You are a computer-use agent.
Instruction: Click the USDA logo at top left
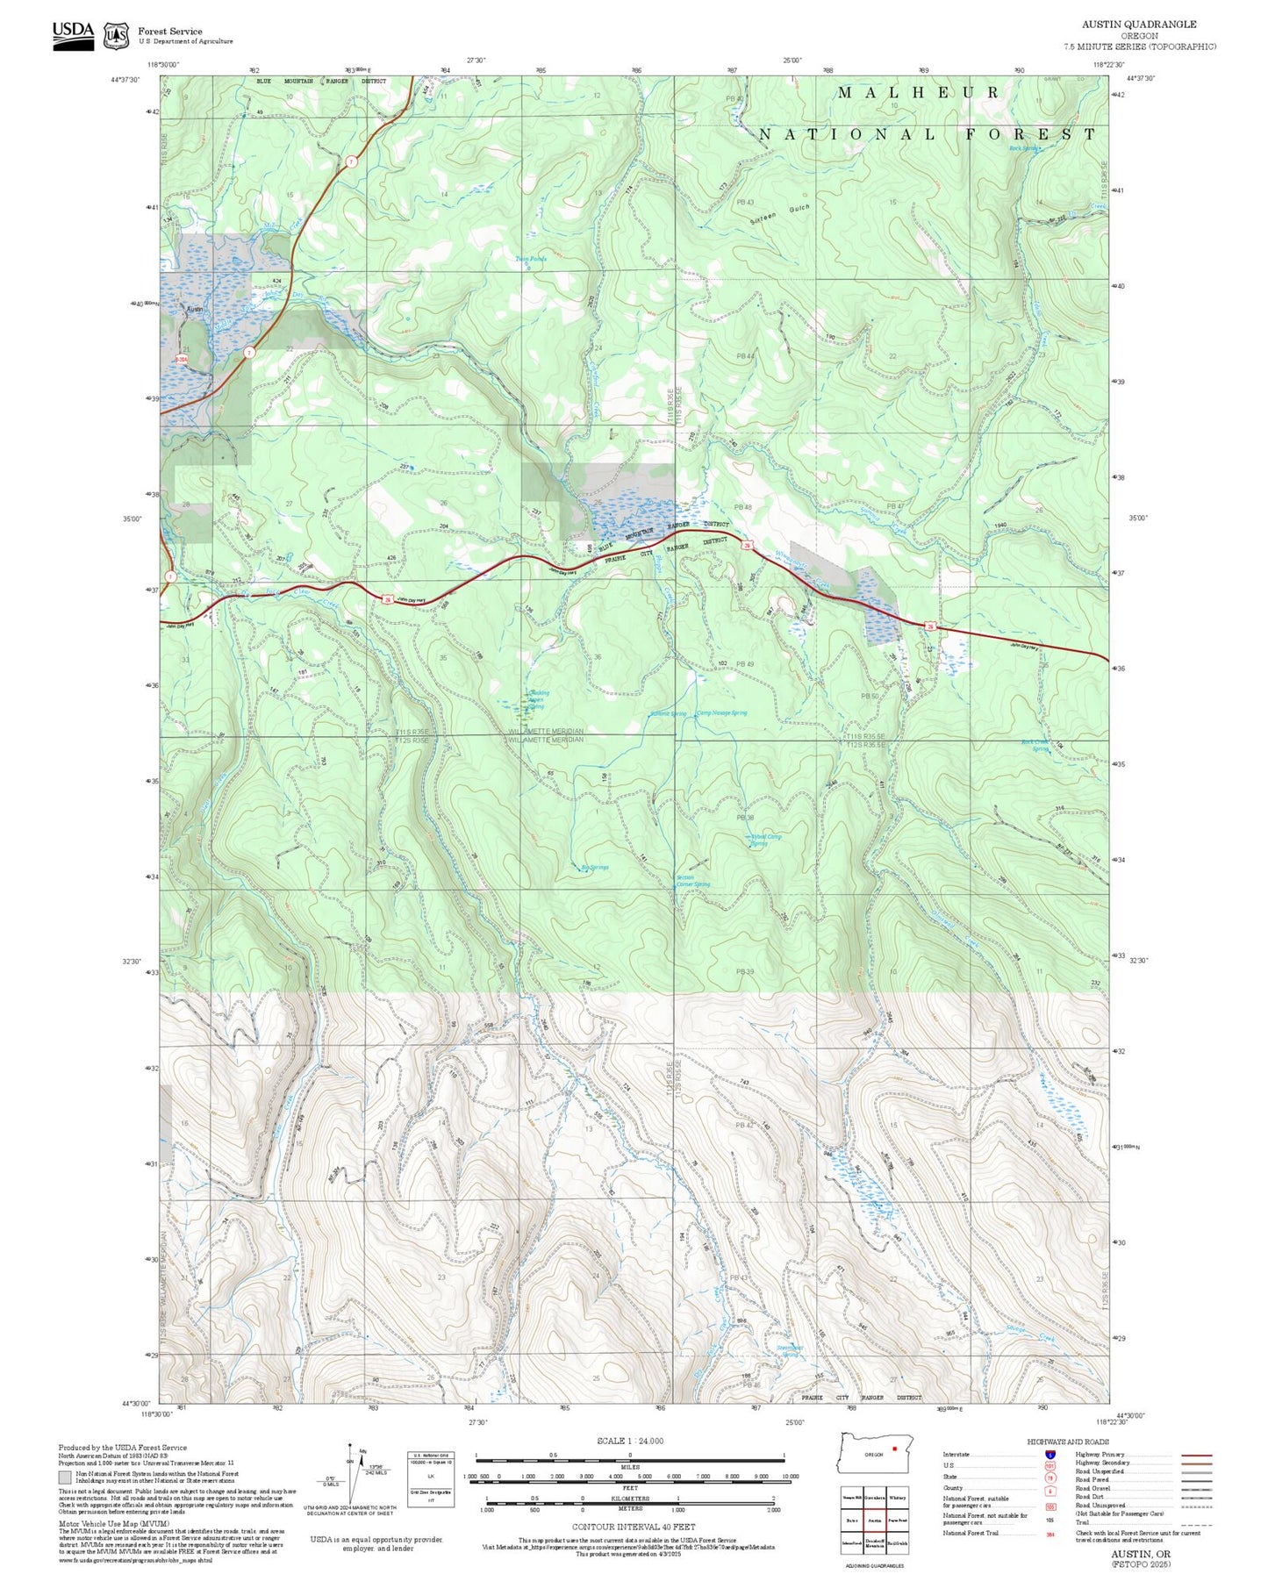tap(72, 34)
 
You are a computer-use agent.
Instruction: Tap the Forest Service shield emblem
tap(116, 36)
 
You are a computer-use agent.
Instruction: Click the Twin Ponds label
tap(530, 259)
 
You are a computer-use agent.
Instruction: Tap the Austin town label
tap(195, 309)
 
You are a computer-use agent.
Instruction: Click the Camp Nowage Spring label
tap(721, 712)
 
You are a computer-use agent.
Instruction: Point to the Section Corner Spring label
tap(692, 881)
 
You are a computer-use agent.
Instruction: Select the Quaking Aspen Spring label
tap(537, 699)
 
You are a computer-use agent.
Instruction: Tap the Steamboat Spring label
tap(790, 1351)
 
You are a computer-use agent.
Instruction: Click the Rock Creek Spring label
tap(1035, 746)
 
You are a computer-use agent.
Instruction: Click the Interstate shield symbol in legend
tap(1050, 1455)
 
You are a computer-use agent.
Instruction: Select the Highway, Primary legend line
tap(1196, 1455)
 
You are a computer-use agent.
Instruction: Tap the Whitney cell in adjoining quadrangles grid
tap(897, 1498)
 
